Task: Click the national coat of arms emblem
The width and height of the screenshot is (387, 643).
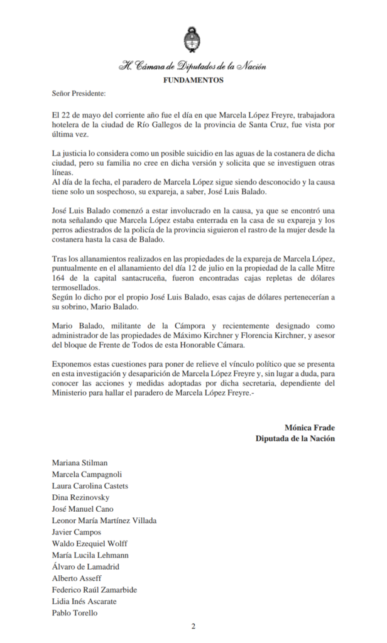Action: click(193, 40)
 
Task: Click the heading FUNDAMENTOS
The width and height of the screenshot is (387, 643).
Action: click(193, 80)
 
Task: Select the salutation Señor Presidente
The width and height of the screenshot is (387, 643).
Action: click(79, 93)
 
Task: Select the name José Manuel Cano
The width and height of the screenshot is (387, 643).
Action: click(83, 509)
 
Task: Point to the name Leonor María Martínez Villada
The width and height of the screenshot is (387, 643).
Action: click(104, 521)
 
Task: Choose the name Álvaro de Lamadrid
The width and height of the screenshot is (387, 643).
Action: click(85, 566)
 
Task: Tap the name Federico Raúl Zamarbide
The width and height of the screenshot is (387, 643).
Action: click(94, 590)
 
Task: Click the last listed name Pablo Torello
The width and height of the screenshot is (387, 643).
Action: click(74, 613)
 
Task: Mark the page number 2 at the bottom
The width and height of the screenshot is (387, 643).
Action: click(193, 626)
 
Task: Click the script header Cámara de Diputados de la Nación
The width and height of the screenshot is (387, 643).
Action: click(193, 67)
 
